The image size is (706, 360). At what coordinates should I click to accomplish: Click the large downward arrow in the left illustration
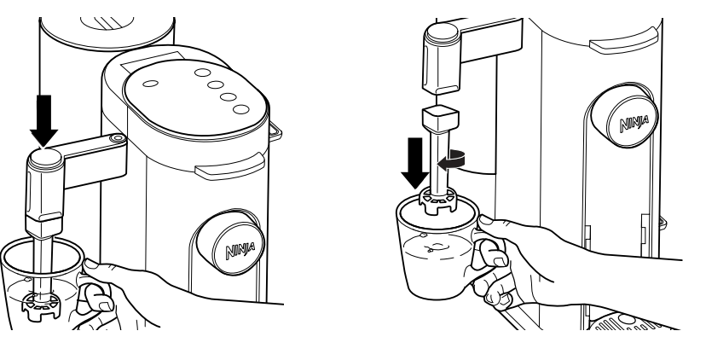coord(44,118)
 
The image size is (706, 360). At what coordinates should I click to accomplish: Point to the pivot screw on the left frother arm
coord(115,137)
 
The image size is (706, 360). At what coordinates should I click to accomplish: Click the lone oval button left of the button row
coord(151,84)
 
